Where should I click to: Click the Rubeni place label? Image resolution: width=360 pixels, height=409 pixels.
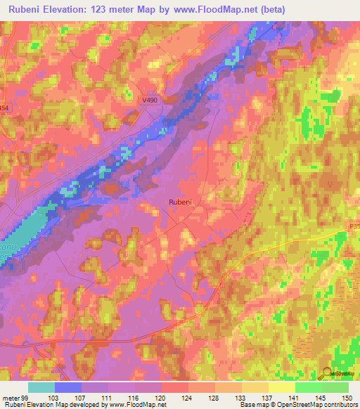tap(180, 202)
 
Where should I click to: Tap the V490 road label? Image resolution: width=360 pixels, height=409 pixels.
tap(150, 100)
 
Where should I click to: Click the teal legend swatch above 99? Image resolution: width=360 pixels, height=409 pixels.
tap(41, 387)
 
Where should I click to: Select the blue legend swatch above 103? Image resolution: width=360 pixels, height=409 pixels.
tap(68, 387)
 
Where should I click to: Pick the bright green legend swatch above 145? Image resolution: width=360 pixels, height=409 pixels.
tap(309, 387)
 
